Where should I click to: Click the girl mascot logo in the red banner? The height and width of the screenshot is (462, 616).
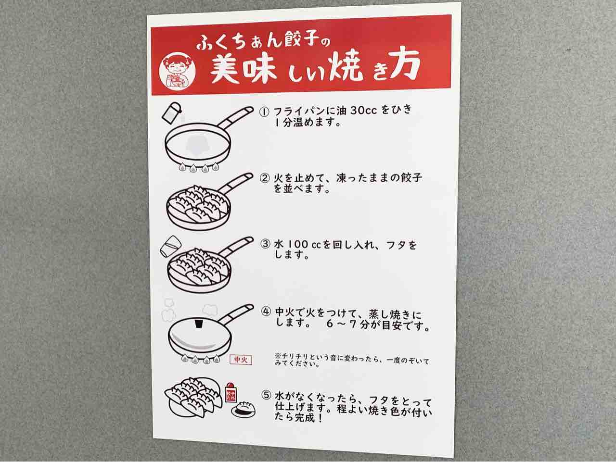(x=177, y=71)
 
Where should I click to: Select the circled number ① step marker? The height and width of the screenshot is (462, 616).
(x=264, y=112)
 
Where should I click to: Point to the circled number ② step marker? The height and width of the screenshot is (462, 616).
(x=265, y=178)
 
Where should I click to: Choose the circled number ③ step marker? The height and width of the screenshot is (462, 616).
(x=265, y=244)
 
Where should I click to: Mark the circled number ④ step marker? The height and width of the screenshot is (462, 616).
(x=266, y=312)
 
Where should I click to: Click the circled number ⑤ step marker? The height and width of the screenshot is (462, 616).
(x=266, y=395)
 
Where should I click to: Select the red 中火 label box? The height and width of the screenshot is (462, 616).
(x=241, y=360)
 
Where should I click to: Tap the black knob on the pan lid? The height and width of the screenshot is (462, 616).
(x=199, y=324)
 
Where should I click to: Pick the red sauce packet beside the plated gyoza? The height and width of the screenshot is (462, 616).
(x=231, y=392)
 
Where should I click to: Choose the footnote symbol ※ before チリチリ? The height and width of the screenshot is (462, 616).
(x=278, y=356)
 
